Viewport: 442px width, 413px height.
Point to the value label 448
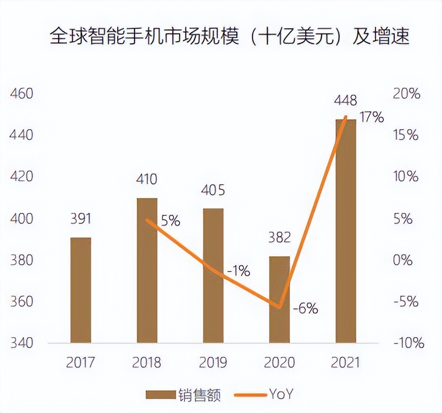(x=346, y=101)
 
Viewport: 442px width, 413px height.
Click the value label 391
(x=81, y=218)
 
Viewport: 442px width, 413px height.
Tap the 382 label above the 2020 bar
(x=279, y=237)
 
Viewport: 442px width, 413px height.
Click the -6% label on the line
(x=305, y=310)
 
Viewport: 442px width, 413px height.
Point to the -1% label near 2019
(x=238, y=271)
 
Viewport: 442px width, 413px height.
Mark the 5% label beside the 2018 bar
(x=170, y=221)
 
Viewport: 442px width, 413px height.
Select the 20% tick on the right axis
(x=406, y=93)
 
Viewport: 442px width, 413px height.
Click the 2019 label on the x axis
(x=213, y=363)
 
